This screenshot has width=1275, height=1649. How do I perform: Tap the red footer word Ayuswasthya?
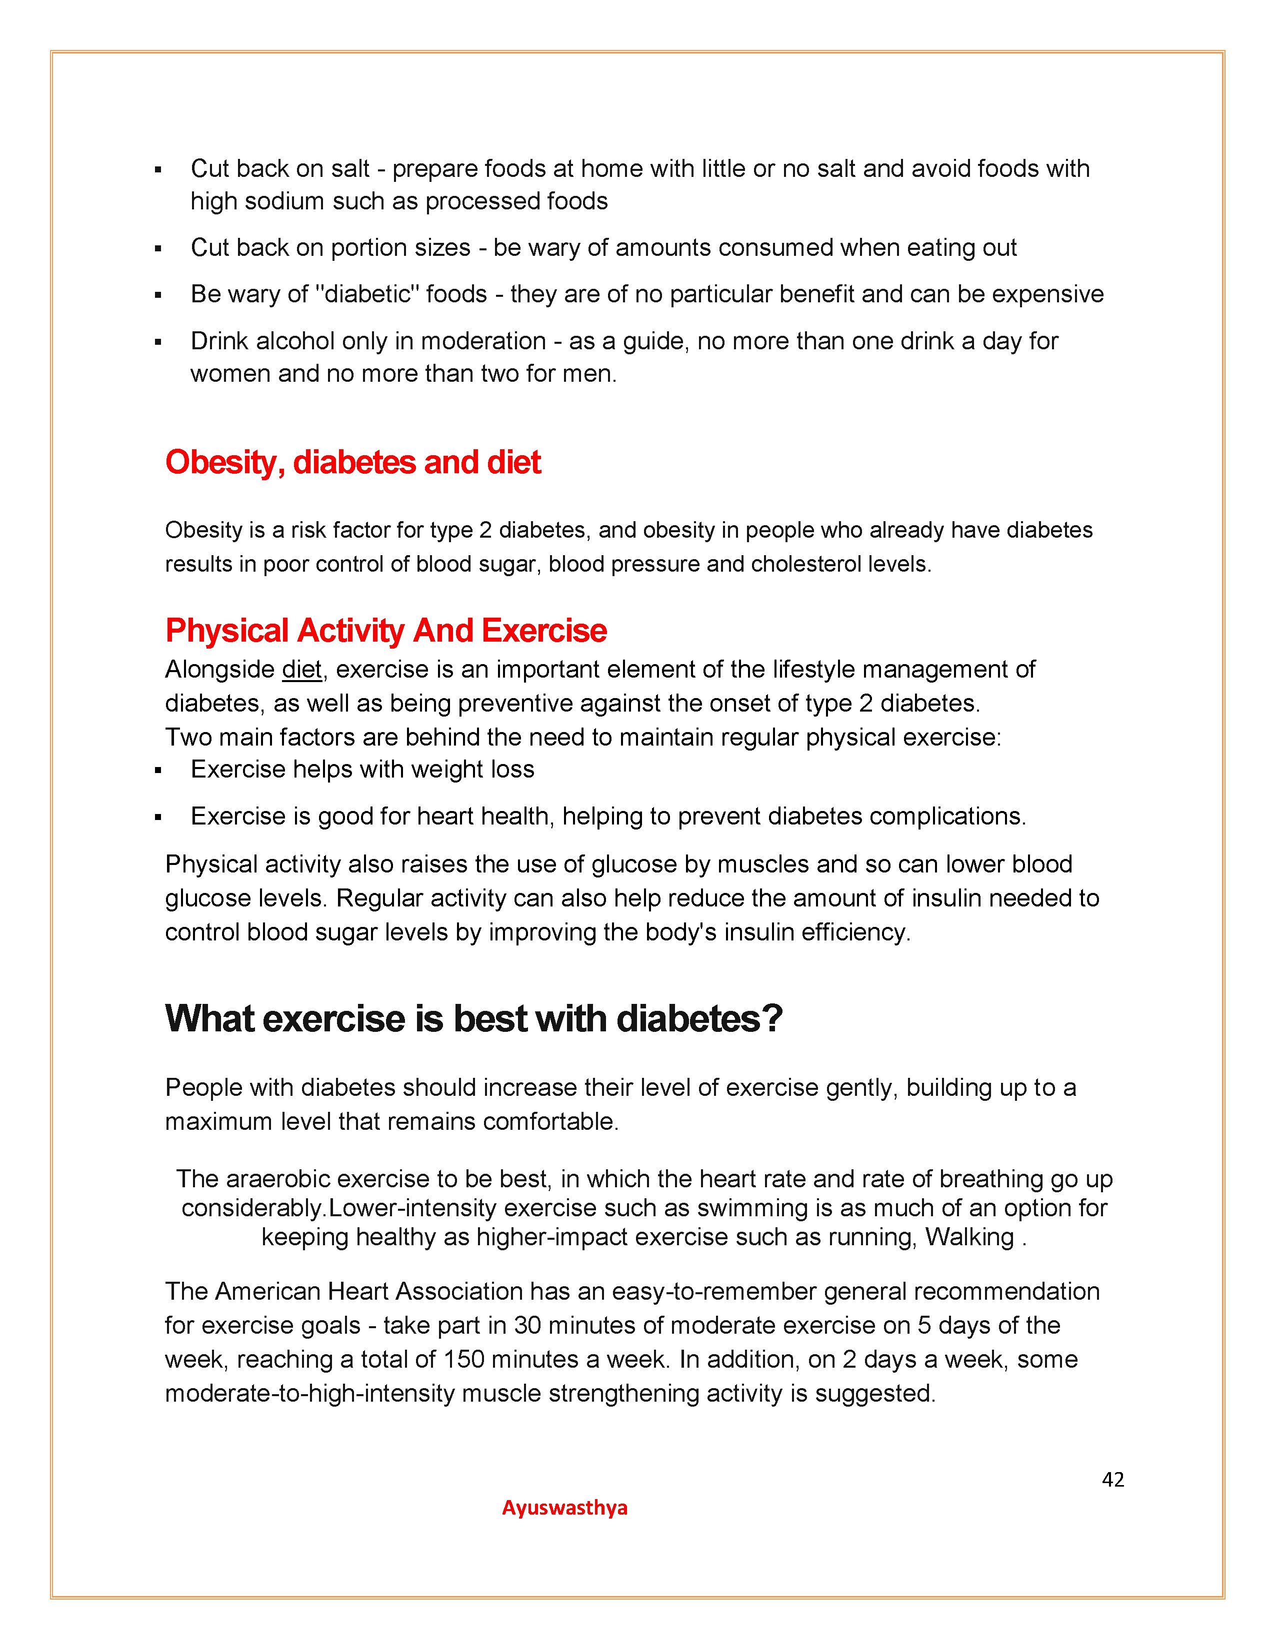point(564,1508)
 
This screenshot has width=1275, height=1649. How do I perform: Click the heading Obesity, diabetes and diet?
point(352,462)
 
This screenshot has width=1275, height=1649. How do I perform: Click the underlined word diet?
point(301,670)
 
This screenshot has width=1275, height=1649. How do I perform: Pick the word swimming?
point(751,1208)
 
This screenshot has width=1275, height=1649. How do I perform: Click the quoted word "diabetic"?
point(367,294)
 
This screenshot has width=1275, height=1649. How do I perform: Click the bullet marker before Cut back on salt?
point(158,170)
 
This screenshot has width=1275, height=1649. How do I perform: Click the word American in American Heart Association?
point(268,1291)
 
